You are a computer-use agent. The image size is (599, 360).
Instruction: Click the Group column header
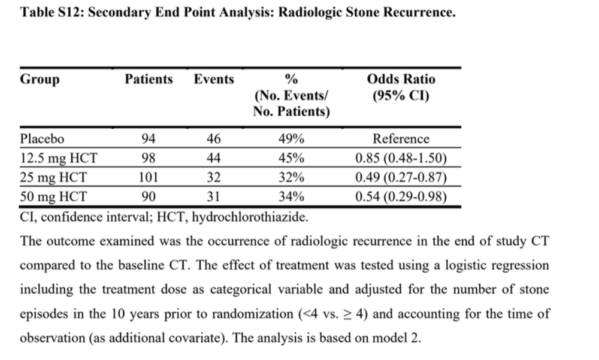[40, 80]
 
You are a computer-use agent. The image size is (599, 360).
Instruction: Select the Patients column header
[149, 79]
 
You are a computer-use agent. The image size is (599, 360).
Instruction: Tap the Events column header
[214, 79]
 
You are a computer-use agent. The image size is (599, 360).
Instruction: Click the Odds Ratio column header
[401, 79]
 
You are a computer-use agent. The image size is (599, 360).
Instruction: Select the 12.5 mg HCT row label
[59, 159]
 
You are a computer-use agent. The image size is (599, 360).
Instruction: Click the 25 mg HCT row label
[53, 177]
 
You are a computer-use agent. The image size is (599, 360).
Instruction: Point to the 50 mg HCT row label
[53, 196]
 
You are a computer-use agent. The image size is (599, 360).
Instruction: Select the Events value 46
[213, 139]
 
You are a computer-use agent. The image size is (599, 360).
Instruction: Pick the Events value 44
[213, 159]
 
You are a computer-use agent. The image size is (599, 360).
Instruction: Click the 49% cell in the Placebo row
[292, 139]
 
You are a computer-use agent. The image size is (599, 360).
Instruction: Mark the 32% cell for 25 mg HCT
[292, 177]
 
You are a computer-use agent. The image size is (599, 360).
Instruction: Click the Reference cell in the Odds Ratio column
[401, 139]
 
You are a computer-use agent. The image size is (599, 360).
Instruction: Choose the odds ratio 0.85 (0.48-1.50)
[401, 159]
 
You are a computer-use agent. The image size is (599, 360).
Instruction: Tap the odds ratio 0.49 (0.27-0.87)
[401, 177]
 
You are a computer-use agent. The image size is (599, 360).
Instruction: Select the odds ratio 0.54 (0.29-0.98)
[401, 196]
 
